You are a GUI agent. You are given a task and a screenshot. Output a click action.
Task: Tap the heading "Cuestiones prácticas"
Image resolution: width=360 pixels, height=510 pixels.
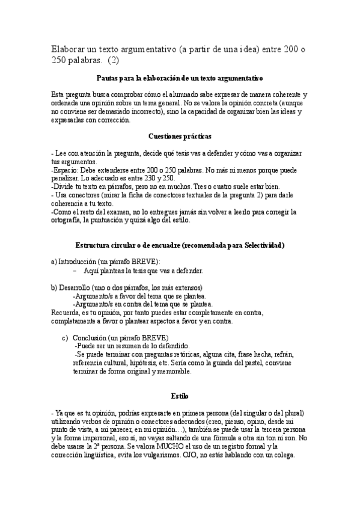coord(180,137)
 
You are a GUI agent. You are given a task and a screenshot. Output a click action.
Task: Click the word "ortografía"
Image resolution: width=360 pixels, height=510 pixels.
coord(67,221)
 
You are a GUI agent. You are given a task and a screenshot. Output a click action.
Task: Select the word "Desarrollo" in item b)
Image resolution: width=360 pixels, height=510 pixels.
coord(77,288)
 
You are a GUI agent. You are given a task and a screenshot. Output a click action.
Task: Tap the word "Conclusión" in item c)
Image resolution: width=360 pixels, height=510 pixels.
coord(95,338)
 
